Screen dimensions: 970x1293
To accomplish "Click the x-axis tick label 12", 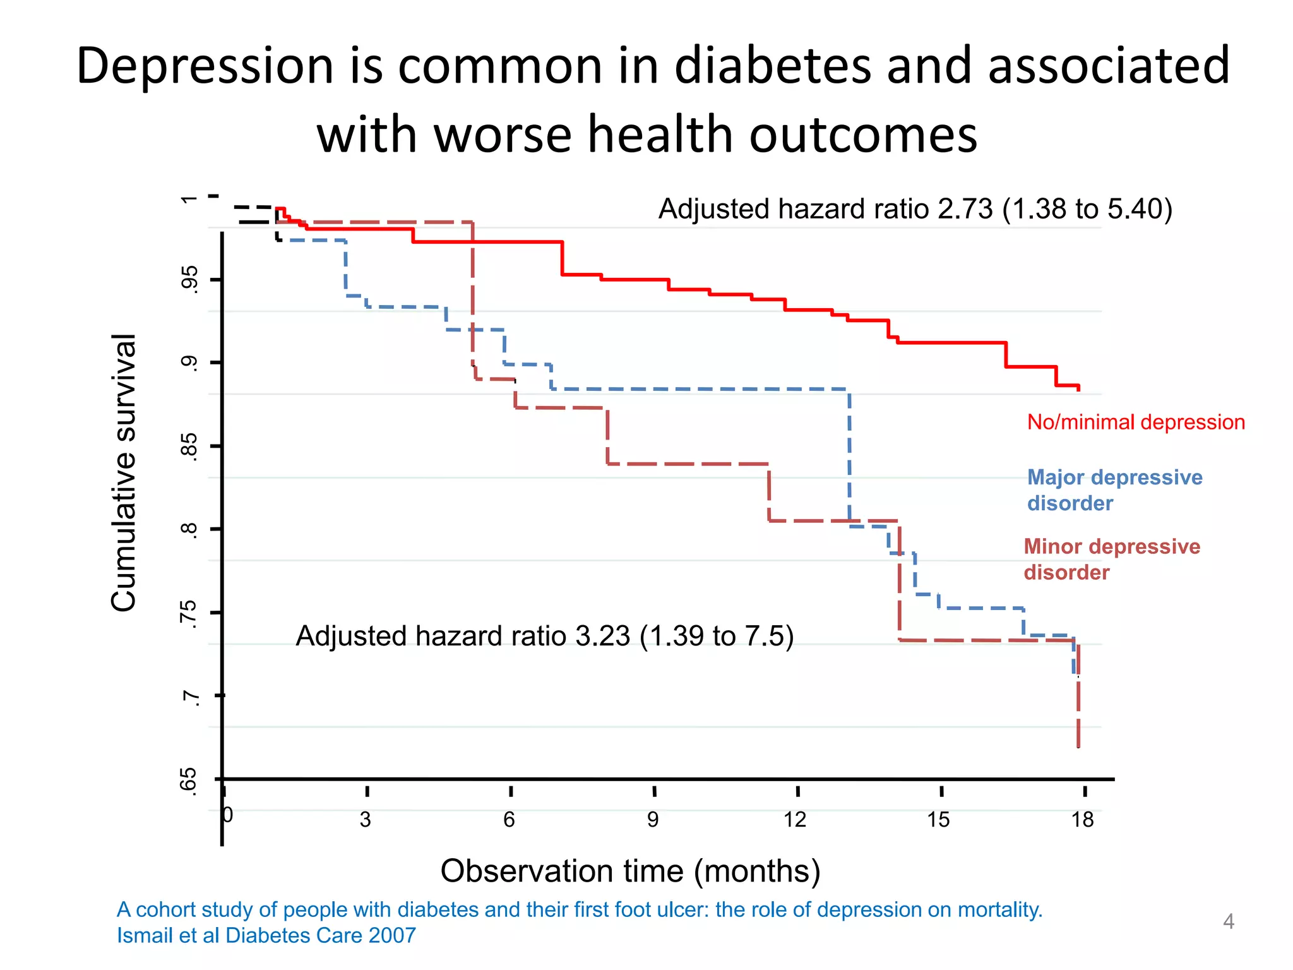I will (795, 820).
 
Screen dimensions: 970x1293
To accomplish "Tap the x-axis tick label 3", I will (366, 820).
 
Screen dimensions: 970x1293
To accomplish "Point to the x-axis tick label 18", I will (1082, 820).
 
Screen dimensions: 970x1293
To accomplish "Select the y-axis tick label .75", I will (189, 614).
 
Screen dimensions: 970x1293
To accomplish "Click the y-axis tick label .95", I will (189, 280).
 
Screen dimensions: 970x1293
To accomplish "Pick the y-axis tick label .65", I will (189, 781).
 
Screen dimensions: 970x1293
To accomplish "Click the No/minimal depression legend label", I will (1136, 422).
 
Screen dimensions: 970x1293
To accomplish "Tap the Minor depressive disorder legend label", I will (1111, 559).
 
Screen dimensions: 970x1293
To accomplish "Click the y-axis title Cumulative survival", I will (124, 472).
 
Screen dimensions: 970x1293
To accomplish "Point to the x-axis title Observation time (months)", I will (630, 871).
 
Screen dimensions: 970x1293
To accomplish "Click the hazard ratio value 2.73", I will (965, 209).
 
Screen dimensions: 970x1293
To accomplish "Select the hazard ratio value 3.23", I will (602, 636).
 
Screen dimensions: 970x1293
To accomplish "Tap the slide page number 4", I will (1228, 921).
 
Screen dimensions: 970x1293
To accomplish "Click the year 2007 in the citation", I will (392, 935).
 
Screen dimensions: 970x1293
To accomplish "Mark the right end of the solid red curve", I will (1078, 388).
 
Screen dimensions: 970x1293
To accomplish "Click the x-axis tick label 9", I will (653, 820).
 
